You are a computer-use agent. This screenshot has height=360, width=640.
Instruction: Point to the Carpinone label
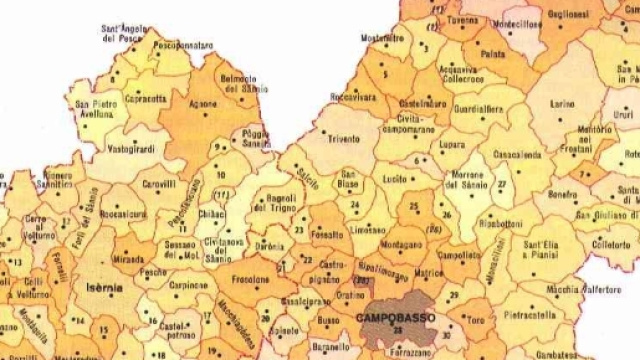[185, 286]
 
